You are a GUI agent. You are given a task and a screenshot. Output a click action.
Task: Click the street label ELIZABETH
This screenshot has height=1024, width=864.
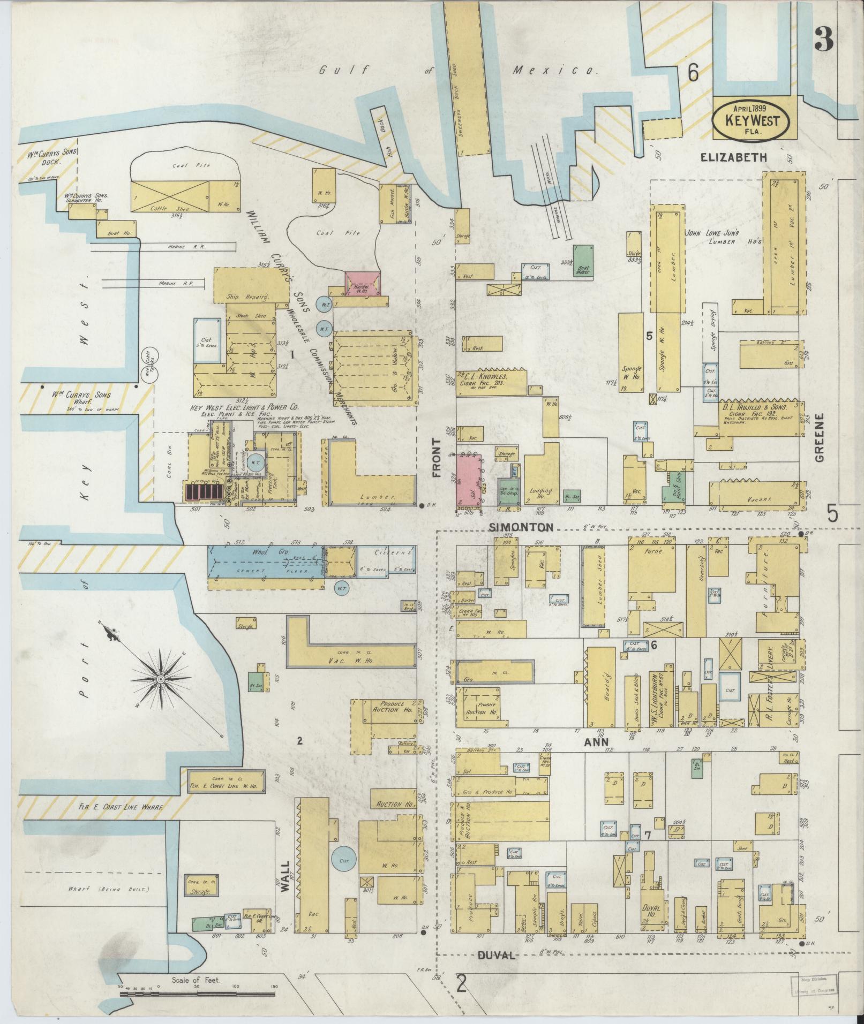734,157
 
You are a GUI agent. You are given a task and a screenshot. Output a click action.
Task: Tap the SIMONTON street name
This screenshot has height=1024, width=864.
521,527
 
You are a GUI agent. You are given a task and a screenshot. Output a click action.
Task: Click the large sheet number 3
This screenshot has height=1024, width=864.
823,39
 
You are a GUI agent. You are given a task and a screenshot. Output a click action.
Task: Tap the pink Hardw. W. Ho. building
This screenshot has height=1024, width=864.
363,283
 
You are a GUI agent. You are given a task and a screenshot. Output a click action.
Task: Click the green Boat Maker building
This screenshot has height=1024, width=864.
583,261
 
